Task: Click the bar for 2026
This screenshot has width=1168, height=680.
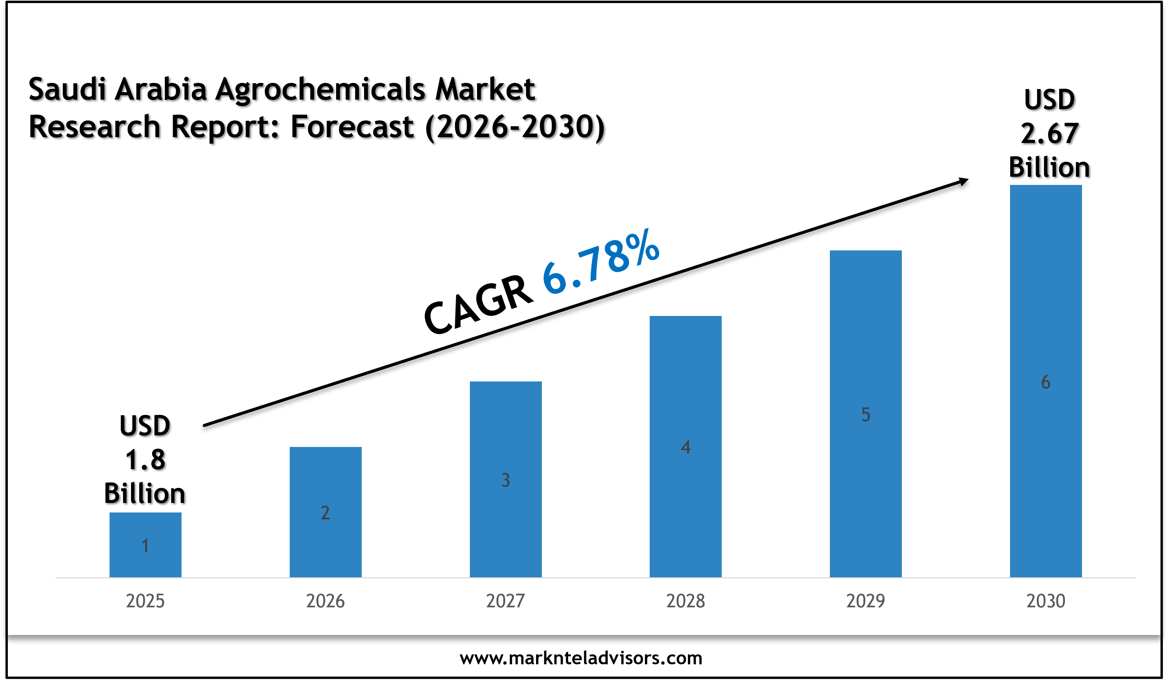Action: [326, 512]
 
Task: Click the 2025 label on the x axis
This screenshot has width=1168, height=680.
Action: [145, 601]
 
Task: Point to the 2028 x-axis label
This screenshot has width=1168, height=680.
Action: [686, 601]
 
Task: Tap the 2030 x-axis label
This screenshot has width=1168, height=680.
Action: [1046, 601]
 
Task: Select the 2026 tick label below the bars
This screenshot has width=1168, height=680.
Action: [326, 601]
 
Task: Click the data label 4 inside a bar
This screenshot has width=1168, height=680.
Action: [686, 447]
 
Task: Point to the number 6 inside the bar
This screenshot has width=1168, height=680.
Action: [1046, 382]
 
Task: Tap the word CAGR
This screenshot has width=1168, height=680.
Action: [478, 305]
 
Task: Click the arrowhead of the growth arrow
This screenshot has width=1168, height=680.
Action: [963, 181]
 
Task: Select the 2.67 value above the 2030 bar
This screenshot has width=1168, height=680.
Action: [1049, 133]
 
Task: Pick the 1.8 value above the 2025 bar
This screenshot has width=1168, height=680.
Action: [145, 460]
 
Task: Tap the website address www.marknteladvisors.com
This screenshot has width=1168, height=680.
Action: [581, 658]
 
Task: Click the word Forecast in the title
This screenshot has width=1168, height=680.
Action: [352, 127]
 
